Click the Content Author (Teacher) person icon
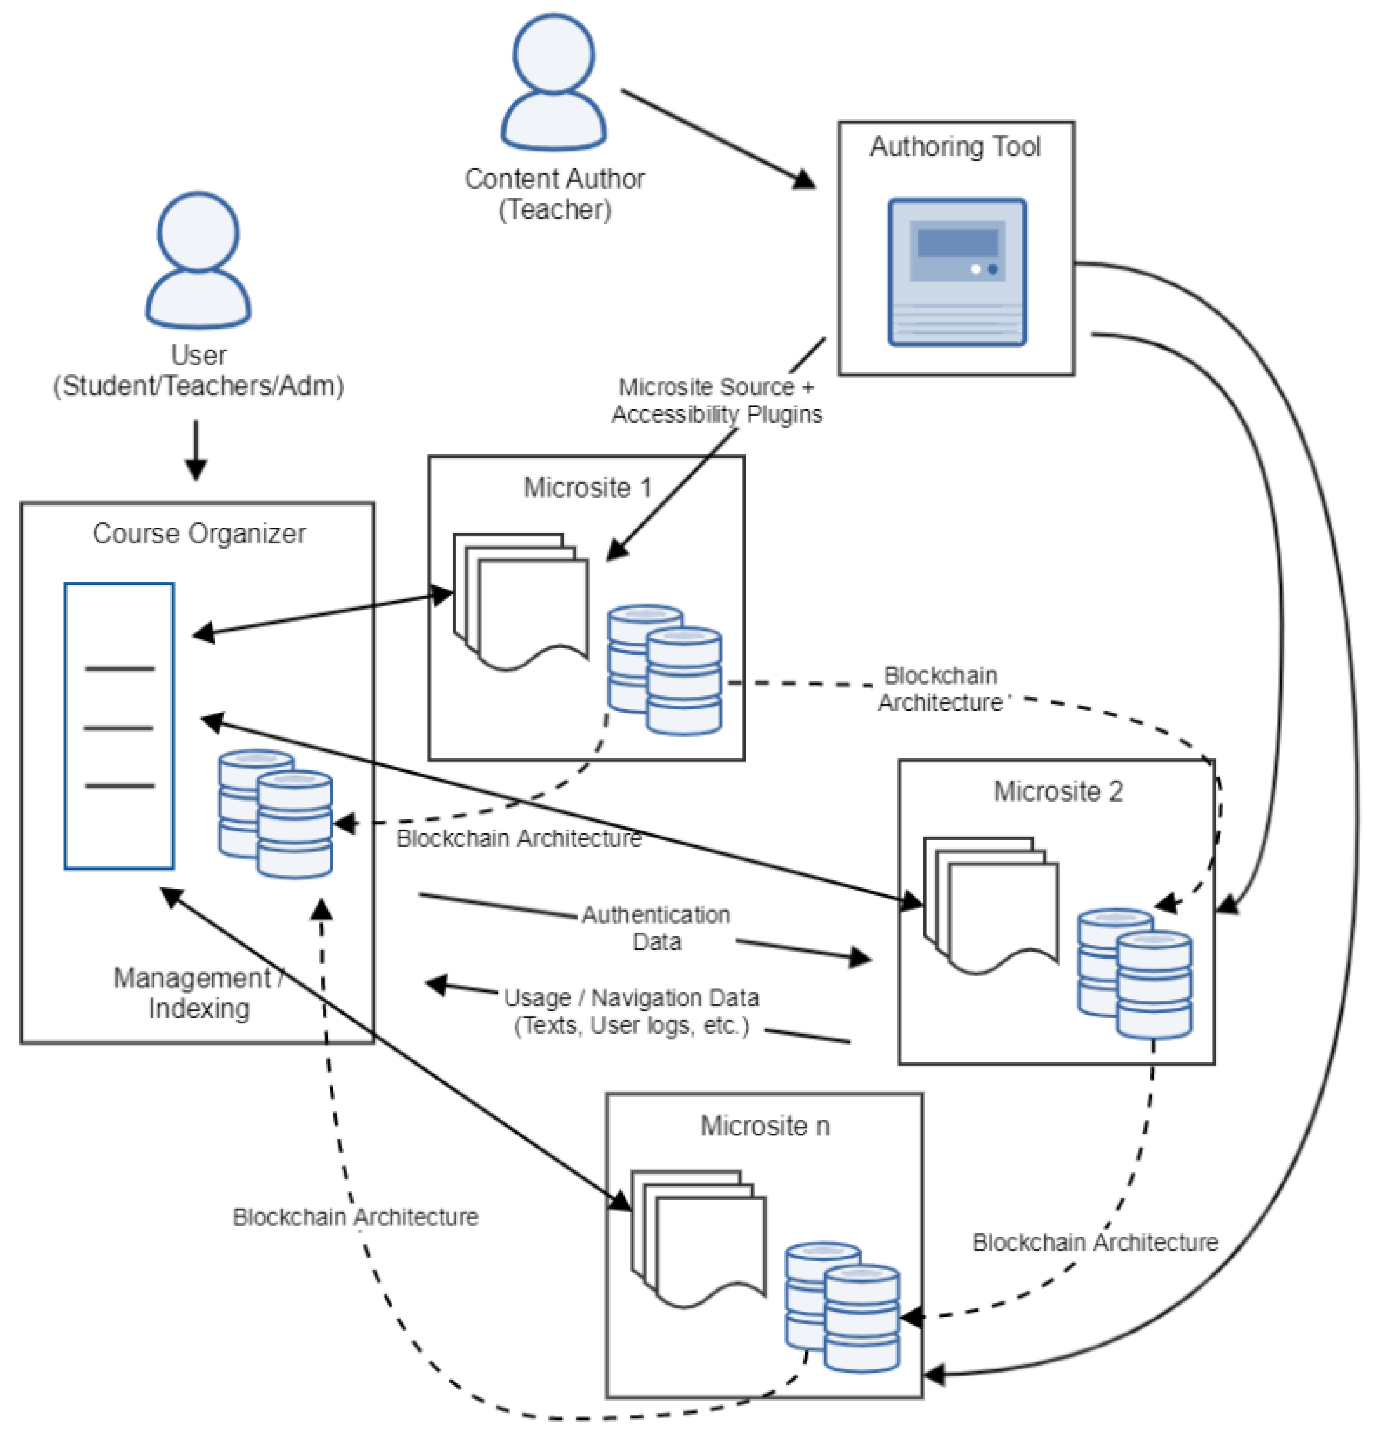[x=554, y=82]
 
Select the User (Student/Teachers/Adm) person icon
[x=199, y=260]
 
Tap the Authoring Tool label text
[x=955, y=147]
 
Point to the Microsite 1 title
[x=587, y=488]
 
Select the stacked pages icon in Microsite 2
[x=990, y=905]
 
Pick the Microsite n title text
[x=765, y=1125]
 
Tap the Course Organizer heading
[x=199, y=533]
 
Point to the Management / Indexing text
[x=199, y=993]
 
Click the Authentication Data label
[x=656, y=928]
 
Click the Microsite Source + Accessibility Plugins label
[x=716, y=400]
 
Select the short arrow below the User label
[x=196, y=449]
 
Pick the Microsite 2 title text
[x=1058, y=791]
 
